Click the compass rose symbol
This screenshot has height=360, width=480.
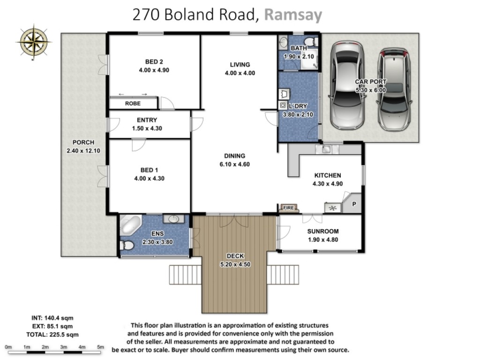(34, 42)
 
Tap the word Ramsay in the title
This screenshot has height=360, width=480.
(293, 15)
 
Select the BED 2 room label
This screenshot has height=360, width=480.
(154, 61)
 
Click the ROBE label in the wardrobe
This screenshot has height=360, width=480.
(133, 104)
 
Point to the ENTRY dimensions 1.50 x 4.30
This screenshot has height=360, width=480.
(147, 128)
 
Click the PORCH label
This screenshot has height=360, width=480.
(83, 142)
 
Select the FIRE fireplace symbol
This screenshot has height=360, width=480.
(288, 208)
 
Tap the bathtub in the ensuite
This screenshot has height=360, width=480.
(130, 225)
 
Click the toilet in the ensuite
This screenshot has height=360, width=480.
(127, 245)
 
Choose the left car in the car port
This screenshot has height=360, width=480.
(347, 85)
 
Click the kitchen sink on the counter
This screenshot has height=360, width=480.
(326, 149)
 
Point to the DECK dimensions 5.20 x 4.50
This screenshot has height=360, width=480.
(235, 264)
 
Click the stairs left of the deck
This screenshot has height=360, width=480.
(186, 275)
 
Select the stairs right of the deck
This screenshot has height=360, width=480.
(283, 275)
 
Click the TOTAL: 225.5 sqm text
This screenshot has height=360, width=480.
(52, 335)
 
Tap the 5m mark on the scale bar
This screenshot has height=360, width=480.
(100, 347)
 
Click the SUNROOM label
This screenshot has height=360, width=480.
(323, 232)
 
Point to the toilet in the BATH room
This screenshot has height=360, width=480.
(311, 41)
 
